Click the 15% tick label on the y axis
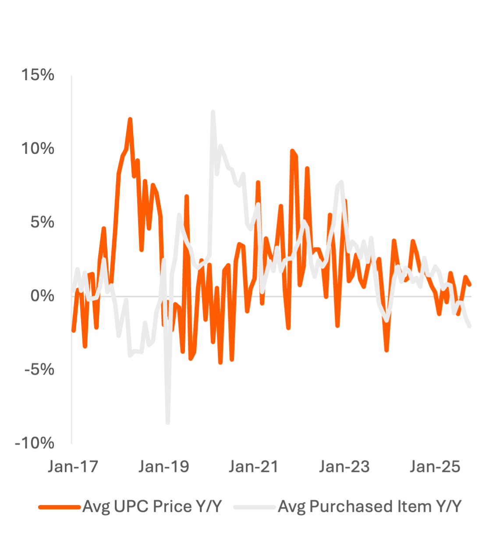click(x=39, y=75)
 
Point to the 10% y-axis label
click(x=39, y=149)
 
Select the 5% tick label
click(x=43, y=223)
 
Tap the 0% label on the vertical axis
click(x=43, y=296)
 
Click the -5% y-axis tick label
click(x=39, y=369)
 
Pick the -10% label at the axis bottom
click(x=35, y=443)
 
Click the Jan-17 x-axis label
click(x=73, y=467)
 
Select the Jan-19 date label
click(x=164, y=467)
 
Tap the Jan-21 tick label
click(x=254, y=467)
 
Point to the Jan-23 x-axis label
click(x=344, y=467)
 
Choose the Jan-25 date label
click(x=435, y=467)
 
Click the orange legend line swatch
click(x=60, y=507)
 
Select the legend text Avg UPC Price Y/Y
click(x=152, y=506)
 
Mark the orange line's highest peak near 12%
click(x=130, y=119)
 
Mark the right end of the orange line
click(x=470, y=285)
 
